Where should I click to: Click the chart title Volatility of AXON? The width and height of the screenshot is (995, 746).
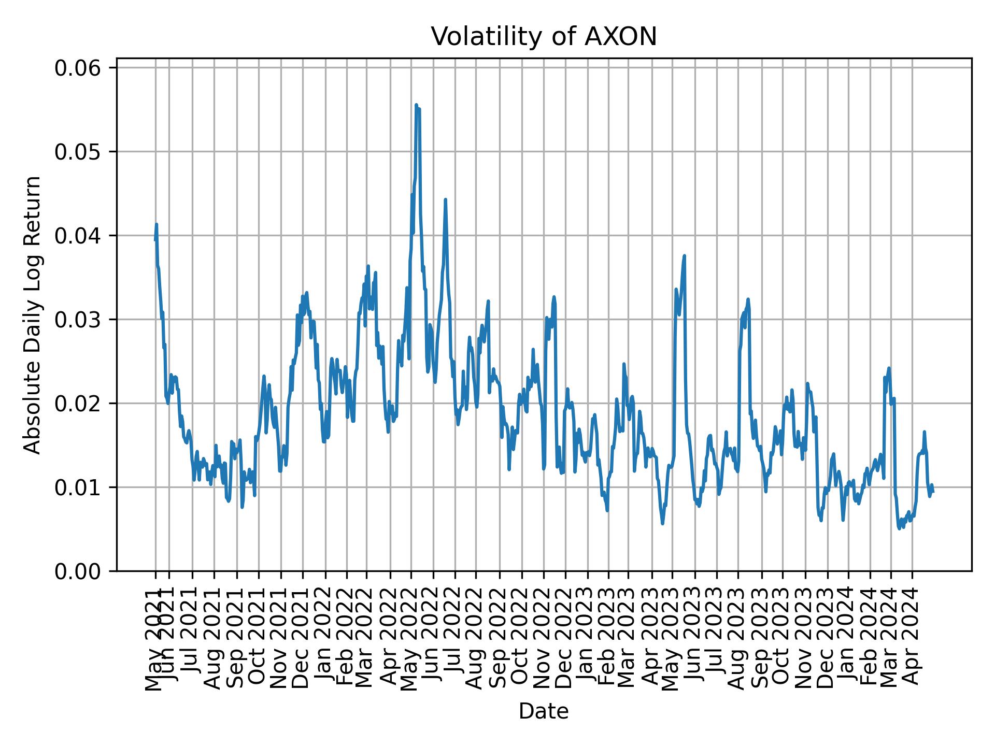544,37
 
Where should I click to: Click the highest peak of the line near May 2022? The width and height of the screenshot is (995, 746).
416,105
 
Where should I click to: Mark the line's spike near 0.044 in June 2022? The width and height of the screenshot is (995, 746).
445,199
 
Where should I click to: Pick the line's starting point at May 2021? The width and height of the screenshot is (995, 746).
155,239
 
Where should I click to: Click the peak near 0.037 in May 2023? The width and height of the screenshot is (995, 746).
685,255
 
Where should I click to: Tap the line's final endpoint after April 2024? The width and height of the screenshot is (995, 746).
933,491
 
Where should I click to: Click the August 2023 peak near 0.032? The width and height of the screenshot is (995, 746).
748,299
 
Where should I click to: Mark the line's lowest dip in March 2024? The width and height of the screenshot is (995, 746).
899,528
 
